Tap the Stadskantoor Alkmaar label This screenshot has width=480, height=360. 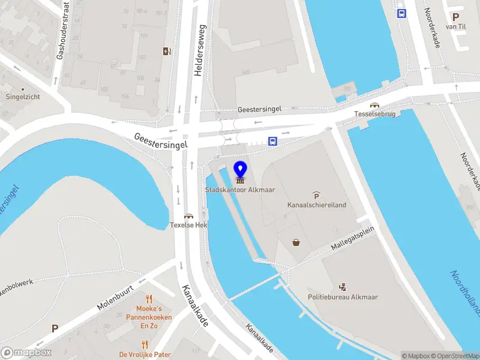(x=240, y=190)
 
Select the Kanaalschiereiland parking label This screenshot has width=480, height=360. (x=316, y=205)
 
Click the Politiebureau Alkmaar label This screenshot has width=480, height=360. (x=343, y=297)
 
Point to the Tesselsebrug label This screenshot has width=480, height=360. (x=374, y=114)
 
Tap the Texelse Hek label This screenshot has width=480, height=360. (x=188, y=225)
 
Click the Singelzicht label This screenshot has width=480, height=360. (x=23, y=96)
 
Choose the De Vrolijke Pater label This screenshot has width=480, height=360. (x=145, y=354)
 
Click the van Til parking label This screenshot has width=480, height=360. (x=455, y=26)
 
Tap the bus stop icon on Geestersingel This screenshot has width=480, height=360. (x=272, y=142)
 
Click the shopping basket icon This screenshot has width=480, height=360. (x=296, y=242)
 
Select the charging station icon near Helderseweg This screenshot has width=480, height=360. (x=167, y=51)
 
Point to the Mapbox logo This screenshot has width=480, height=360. (x=26, y=353)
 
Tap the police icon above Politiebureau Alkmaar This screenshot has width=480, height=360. (x=343, y=286)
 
